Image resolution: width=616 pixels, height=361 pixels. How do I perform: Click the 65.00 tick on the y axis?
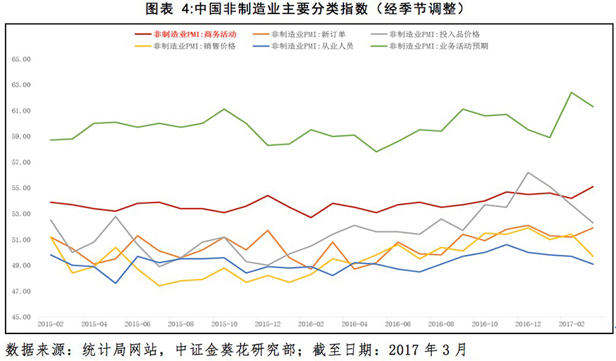pyautogui.click(x=21, y=59)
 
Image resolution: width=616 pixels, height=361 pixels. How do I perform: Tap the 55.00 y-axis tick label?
pyautogui.click(x=21, y=188)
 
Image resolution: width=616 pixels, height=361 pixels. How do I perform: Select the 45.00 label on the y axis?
pyautogui.click(x=21, y=317)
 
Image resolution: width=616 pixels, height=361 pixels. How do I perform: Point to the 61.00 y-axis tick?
pyautogui.click(x=21, y=111)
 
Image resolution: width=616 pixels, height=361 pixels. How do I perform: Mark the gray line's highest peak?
pyautogui.click(x=528, y=172)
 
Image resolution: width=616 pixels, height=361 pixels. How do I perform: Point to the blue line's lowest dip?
pyautogui.click(x=115, y=283)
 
